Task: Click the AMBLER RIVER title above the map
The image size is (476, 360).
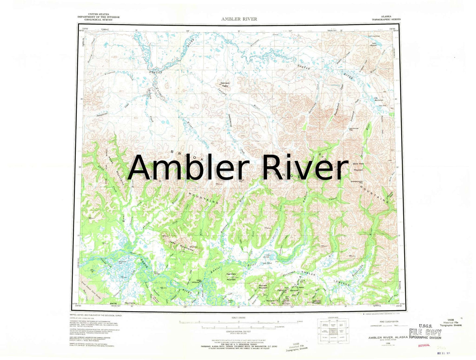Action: [239, 19]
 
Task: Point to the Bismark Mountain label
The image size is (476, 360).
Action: [263, 287]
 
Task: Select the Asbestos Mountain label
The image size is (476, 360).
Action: [316, 301]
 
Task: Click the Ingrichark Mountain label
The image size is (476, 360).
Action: [231, 277]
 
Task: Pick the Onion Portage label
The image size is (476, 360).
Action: [157, 273]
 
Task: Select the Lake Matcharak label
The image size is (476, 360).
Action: [378, 99]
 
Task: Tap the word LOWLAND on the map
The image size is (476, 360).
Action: [341, 283]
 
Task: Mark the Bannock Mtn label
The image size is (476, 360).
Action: [294, 291]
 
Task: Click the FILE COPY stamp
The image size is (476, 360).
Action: [425, 332]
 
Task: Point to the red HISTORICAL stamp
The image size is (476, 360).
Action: [424, 345]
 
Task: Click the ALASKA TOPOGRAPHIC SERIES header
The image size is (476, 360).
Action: [386, 18]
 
